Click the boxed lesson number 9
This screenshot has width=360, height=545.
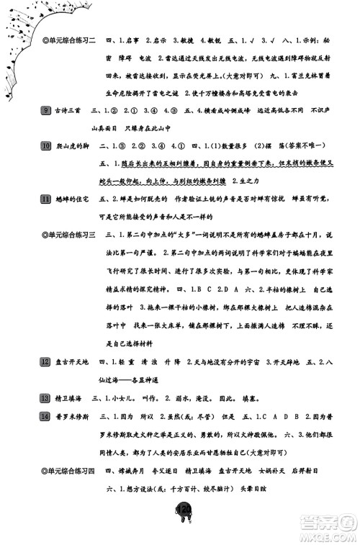pyautogui.click(x=46, y=109)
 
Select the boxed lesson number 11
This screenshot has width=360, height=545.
pyautogui.click(x=46, y=198)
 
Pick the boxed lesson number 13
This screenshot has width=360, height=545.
pyautogui.click(x=46, y=397)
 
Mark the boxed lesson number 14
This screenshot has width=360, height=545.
pyautogui.click(x=46, y=416)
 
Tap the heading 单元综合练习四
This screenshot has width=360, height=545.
pyautogui.click(x=69, y=470)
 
